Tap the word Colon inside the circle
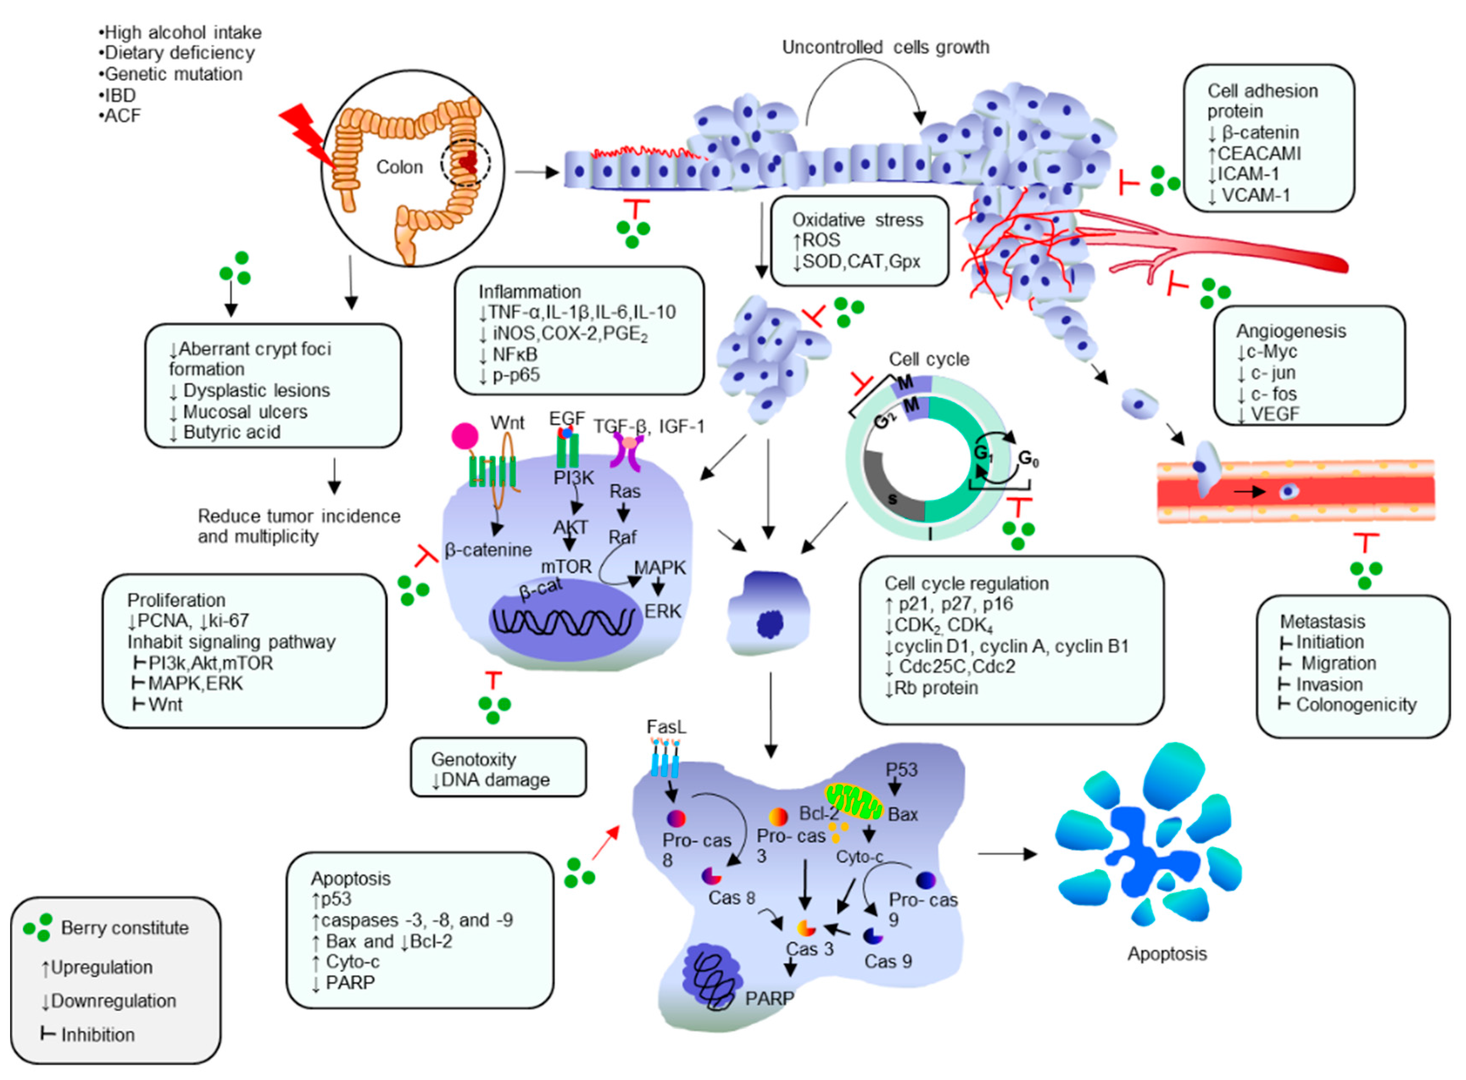click(x=399, y=167)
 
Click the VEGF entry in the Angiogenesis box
click(x=1274, y=413)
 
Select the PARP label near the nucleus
click(x=769, y=998)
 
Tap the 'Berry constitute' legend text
click(x=124, y=928)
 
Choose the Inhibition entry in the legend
click(x=97, y=1034)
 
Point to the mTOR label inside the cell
click(x=565, y=566)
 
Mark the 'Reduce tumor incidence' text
click(x=299, y=516)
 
